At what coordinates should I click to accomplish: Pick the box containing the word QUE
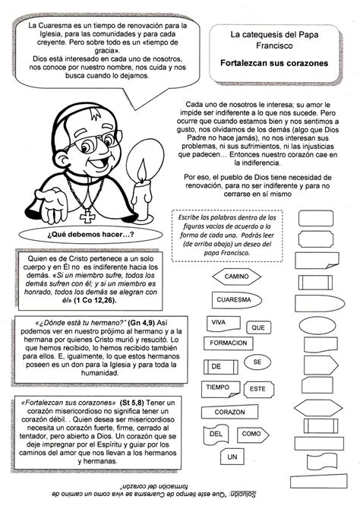point(258,327)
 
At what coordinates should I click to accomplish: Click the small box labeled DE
point(216,367)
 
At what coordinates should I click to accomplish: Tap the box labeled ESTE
point(257,389)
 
